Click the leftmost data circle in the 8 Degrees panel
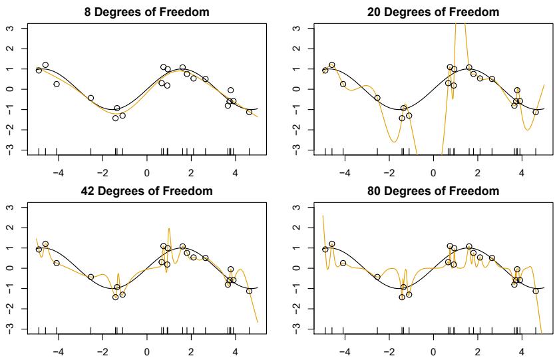coord(39,70)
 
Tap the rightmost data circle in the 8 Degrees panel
coord(249,112)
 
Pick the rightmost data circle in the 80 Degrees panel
coord(535,291)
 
